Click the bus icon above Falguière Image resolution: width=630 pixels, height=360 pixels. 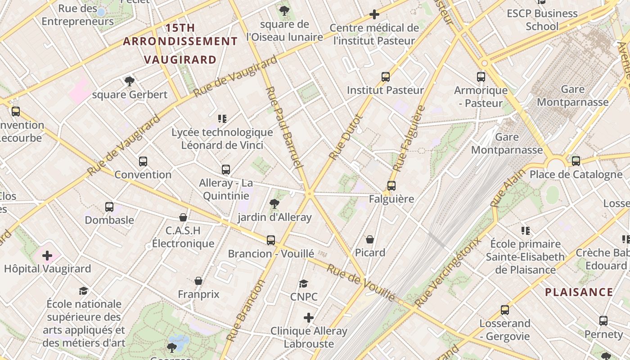point(391,186)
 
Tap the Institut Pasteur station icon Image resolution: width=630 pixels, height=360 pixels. point(386,77)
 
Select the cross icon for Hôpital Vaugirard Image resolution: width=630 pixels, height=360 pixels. point(47,256)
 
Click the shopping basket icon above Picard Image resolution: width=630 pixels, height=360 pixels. point(370,239)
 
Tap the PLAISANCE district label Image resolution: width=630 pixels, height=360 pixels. point(579,292)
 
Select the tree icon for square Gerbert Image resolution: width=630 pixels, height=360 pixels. point(130,81)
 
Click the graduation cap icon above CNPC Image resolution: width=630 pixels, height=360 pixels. point(304,283)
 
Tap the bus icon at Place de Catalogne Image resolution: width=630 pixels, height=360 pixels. point(576,161)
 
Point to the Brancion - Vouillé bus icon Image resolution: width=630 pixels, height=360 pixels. point(271,240)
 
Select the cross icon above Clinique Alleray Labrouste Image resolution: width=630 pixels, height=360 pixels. point(308,318)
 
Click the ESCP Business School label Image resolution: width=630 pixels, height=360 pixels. point(542,20)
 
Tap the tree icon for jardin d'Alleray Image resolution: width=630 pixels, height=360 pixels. point(274,204)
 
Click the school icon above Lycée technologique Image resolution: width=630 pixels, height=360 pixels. point(222,119)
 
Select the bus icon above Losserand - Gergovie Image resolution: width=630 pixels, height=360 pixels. point(505,310)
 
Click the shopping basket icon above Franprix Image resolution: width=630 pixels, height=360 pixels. point(198,281)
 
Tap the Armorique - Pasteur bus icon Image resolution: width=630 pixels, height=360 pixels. point(481,77)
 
